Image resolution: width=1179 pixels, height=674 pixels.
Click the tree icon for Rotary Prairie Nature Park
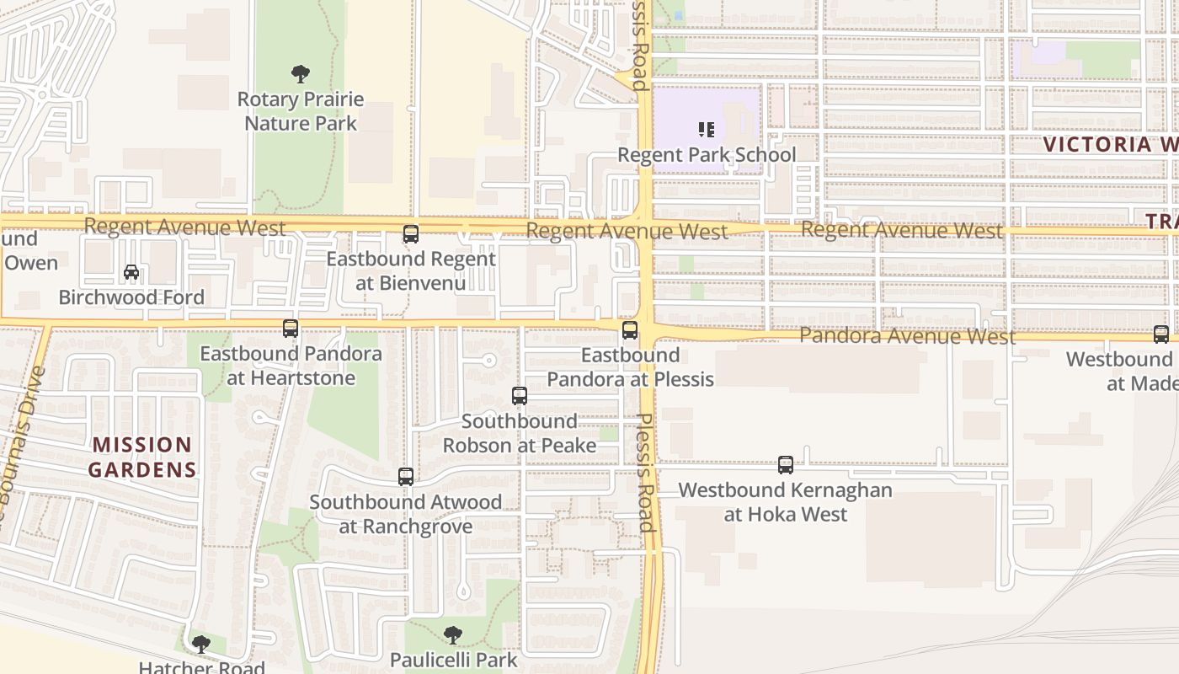coord(300,74)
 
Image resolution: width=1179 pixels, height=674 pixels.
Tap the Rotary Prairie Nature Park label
coord(301,111)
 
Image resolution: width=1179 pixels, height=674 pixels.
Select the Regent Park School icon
coord(707,130)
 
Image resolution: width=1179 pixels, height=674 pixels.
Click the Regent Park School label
coord(707,155)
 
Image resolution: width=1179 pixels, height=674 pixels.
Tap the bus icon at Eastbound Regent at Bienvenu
coord(411,234)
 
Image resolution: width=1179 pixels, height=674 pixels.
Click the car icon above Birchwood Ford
coord(131,272)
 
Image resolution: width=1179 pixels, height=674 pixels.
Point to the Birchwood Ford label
coord(131,297)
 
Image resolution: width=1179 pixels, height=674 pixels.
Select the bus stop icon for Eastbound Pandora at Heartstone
coord(291,329)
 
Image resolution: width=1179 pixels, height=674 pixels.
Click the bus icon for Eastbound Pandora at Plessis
coord(630,330)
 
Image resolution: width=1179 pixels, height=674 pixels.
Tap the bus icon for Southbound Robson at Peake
coord(520,396)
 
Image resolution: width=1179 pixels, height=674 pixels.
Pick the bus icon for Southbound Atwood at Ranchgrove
coord(406,477)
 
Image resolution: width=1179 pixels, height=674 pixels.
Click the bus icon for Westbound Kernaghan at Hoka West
coord(786,464)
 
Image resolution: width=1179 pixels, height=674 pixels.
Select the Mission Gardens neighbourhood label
coord(142,457)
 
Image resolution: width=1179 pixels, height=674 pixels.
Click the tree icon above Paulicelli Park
coord(453,634)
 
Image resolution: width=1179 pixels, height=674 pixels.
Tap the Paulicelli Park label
coord(454,659)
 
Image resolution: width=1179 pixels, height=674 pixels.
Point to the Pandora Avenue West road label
coord(907,336)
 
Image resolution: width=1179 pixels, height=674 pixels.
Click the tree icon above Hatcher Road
coord(200,645)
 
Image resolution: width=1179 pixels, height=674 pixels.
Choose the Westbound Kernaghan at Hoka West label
coord(786,502)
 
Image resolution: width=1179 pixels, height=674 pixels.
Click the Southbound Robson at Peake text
coord(520,433)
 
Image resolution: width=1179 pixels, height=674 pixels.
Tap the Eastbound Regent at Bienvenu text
coord(411,270)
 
